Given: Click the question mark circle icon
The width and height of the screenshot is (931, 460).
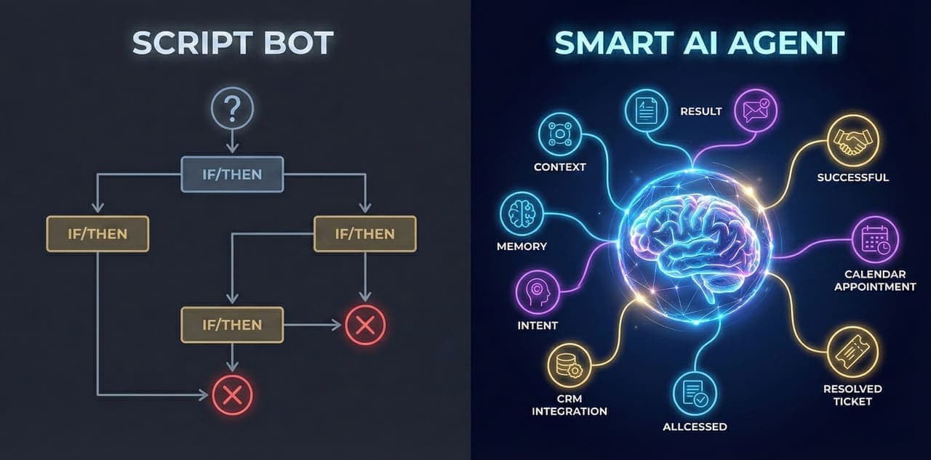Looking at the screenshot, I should coord(231,110).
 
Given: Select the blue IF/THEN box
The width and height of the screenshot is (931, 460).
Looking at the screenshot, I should coord(231,174).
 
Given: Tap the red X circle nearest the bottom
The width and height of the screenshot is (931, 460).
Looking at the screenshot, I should coord(231,395).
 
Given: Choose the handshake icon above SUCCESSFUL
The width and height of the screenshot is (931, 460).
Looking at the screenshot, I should coord(853,141).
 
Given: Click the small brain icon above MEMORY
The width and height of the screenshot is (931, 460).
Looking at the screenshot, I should coord(522,214).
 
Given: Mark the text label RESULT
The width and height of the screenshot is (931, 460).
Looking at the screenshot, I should coord(700,111).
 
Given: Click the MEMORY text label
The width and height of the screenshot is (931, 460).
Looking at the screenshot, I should coord(522,246).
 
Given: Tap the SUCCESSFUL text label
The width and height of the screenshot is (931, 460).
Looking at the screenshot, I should coord(852,177).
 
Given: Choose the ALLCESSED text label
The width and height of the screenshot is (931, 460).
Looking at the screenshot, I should coord(694,427).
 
